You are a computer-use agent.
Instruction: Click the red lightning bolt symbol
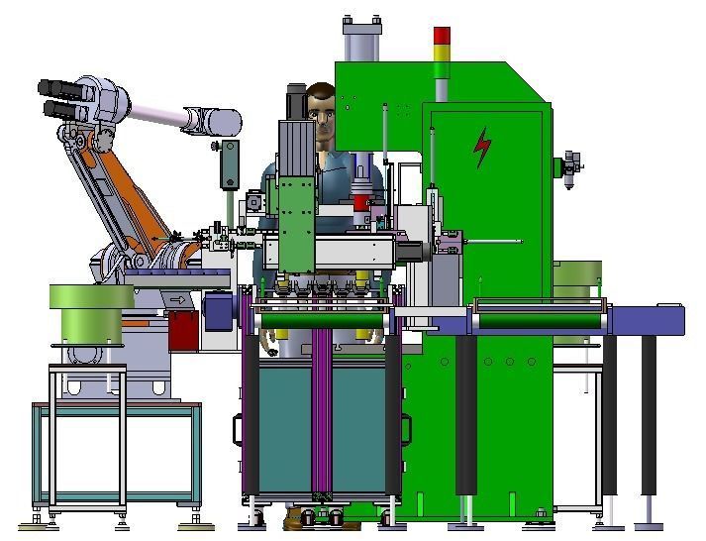pos(482,148)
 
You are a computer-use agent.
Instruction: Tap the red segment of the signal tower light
pos(442,35)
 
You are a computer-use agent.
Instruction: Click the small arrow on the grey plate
pos(178,299)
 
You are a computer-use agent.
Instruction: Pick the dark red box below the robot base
pos(181,330)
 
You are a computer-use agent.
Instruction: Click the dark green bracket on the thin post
pos(230,161)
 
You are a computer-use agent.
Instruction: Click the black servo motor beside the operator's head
pos(296,103)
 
